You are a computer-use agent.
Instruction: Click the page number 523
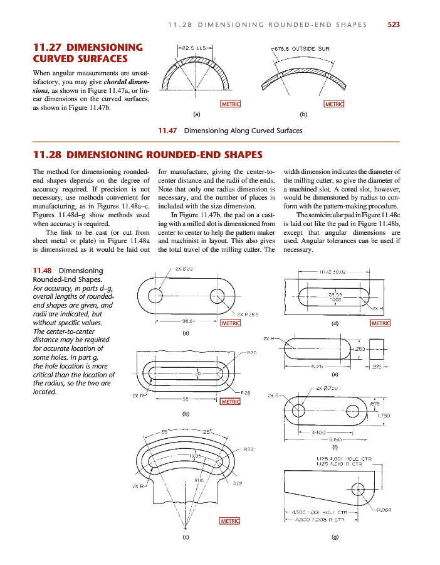point(394,24)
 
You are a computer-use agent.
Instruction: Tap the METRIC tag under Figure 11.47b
point(333,104)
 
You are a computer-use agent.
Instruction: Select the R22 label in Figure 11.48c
point(248,449)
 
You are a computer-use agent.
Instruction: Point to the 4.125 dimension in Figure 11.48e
point(317,365)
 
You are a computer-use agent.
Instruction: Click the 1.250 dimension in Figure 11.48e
point(359,349)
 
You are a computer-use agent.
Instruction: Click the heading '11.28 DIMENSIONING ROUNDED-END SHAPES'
point(147,154)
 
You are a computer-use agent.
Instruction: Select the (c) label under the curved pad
point(186,538)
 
